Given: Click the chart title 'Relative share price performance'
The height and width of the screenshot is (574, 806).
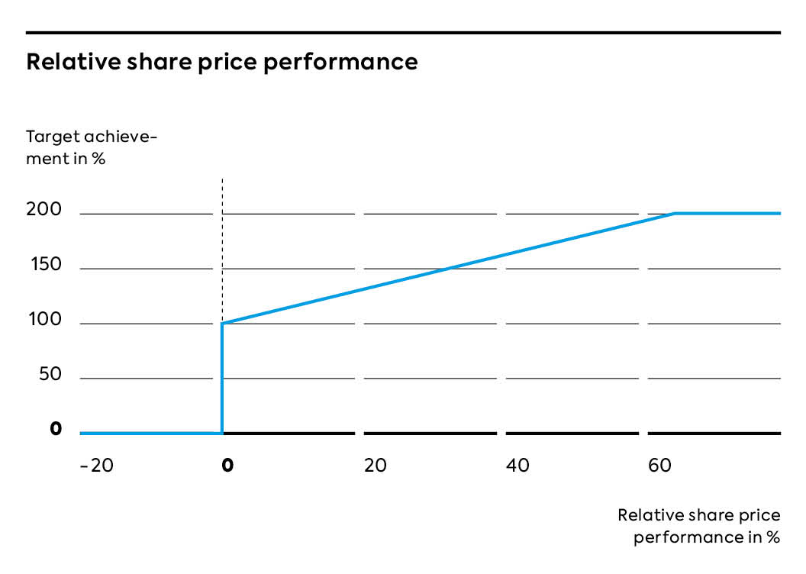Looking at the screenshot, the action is pyautogui.click(x=222, y=62).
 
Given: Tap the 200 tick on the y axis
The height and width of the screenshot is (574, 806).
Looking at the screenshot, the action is pyautogui.click(x=44, y=209).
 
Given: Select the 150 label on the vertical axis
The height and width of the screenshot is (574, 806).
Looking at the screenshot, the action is pyautogui.click(x=46, y=264).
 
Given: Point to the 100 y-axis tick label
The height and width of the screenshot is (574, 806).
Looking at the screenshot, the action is pyautogui.click(x=45, y=319).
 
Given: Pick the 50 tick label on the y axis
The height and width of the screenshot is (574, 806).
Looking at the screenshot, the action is pyautogui.click(x=50, y=373).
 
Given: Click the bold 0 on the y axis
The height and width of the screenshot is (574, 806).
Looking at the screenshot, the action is pyautogui.click(x=56, y=428).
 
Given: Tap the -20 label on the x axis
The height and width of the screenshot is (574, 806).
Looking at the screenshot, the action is pyautogui.click(x=97, y=465).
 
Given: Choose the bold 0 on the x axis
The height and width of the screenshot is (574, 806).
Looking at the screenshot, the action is pyautogui.click(x=227, y=465).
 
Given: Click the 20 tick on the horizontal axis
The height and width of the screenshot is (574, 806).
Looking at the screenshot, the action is pyautogui.click(x=376, y=465).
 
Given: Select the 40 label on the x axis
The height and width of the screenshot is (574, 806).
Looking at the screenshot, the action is pyautogui.click(x=517, y=465).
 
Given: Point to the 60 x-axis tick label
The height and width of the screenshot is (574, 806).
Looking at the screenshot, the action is pyautogui.click(x=659, y=465).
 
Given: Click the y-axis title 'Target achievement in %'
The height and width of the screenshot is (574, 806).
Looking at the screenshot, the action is pyautogui.click(x=92, y=147).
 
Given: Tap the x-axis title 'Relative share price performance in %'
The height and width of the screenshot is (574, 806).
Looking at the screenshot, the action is pyautogui.click(x=699, y=526).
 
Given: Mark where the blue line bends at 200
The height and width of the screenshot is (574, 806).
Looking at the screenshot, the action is pyautogui.click(x=675, y=213).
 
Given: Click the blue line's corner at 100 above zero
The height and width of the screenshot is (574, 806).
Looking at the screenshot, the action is pyautogui.click(x=222, y=323).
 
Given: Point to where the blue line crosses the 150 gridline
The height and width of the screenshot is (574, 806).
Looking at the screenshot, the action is pyautogui.click(x=448, y=268).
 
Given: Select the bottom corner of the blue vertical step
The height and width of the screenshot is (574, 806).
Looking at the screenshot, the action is pyautogui.click(x=222, y=434).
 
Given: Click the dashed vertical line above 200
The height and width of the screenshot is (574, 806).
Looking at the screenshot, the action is pyautogui.click(x=222, y=196).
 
